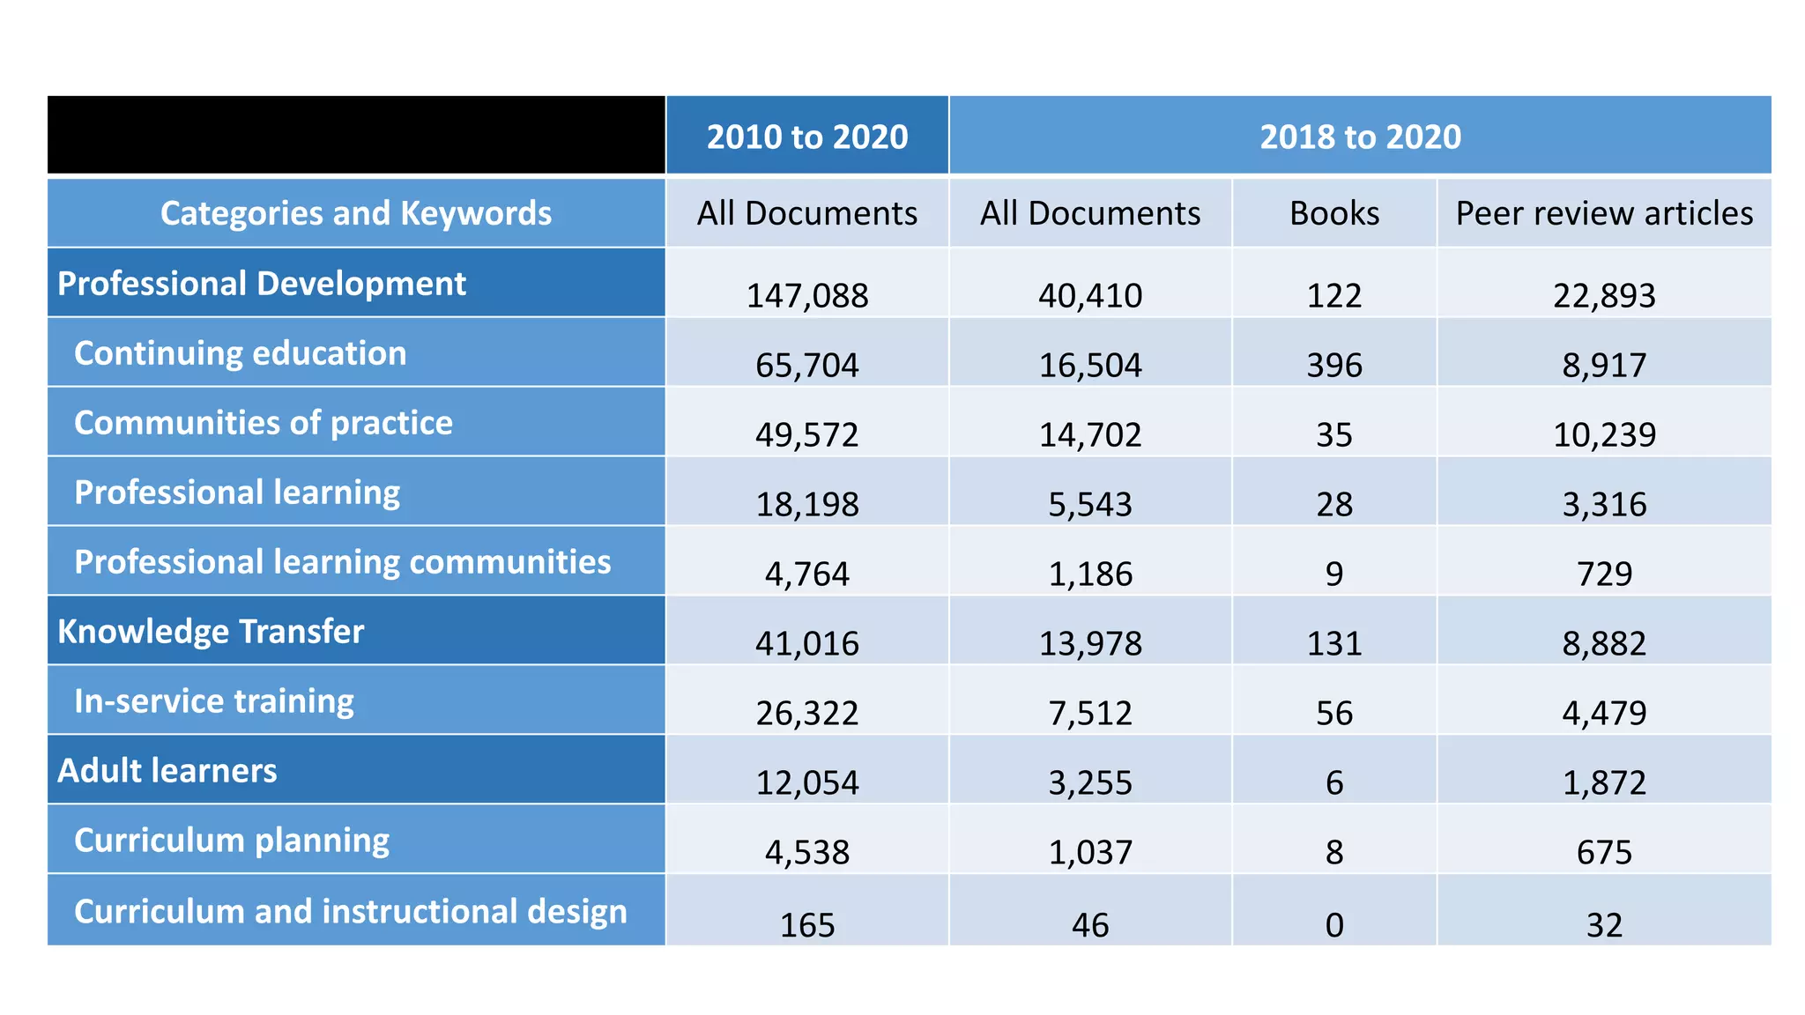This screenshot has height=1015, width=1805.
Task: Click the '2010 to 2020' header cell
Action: coord(806,137)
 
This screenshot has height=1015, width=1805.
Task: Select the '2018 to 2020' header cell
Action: coord(1359,137)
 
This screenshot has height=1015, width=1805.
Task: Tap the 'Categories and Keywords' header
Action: coord(355,213)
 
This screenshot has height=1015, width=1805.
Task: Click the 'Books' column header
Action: coord(1333,213)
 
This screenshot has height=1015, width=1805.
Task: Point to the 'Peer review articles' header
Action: coord(1603,213)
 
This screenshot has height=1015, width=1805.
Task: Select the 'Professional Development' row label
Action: coord(262,284)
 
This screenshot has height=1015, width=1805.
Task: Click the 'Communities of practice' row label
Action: coord(263,423)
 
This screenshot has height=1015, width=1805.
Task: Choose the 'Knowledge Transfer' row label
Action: coord(211,632)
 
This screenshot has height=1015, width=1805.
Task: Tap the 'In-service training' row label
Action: coord(213,701)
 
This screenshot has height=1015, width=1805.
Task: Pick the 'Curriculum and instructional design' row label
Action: coord(350,911)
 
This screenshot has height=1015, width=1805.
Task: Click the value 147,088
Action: coord(806,295)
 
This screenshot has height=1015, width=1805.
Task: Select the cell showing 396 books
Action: coord(1333,365)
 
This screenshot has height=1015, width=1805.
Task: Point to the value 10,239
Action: coord(1603,434)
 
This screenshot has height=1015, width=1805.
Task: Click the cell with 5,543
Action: coord(1089,504)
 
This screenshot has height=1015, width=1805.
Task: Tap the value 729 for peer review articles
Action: coord(1603,574)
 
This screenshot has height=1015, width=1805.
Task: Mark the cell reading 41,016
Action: coord(806,643)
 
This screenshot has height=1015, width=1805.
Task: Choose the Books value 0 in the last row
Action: coord(1333,924)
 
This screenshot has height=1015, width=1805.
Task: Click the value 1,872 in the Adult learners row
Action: coord(1603,782)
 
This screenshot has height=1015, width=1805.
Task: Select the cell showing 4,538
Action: coord(806,852)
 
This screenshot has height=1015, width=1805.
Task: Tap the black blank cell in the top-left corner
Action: coord(355,135)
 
